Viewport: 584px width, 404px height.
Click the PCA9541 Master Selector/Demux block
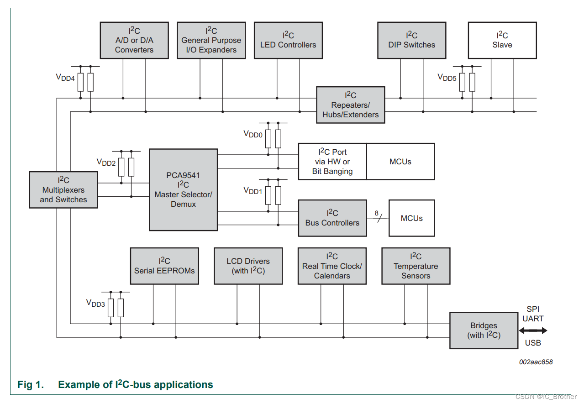[x=183, y=189]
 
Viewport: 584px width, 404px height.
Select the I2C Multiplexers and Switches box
[x=63, y=190]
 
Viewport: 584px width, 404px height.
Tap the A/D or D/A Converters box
[x=134, y=40]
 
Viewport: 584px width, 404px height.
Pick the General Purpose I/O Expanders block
[x=211, y=40]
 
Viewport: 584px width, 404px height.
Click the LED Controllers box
[x=288, y=40]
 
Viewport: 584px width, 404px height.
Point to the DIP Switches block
[x=411, y=40]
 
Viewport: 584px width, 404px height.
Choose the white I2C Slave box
[x=502, y=40]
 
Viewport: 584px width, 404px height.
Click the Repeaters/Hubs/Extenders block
[x=351, y=105]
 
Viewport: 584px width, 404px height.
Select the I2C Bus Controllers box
[x=332, y=218]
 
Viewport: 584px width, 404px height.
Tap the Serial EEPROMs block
[x=164, y=266]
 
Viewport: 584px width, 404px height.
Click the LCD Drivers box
[x=248, y=266]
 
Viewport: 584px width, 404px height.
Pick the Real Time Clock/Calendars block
[x=332, y=266]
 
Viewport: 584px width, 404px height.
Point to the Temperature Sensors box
[x=416, y=266]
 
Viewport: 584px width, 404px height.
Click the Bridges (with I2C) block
[x=484, y=331]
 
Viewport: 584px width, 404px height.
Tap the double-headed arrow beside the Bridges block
[x=533, y=331]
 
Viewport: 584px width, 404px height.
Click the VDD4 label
[x=65, y=78]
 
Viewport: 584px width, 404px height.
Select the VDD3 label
[x=95, y=303]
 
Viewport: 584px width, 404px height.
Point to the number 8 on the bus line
[x=377, y=213]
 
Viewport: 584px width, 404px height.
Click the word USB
[x=533, y=343]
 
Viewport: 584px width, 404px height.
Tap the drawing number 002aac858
[x=536, y=362]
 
